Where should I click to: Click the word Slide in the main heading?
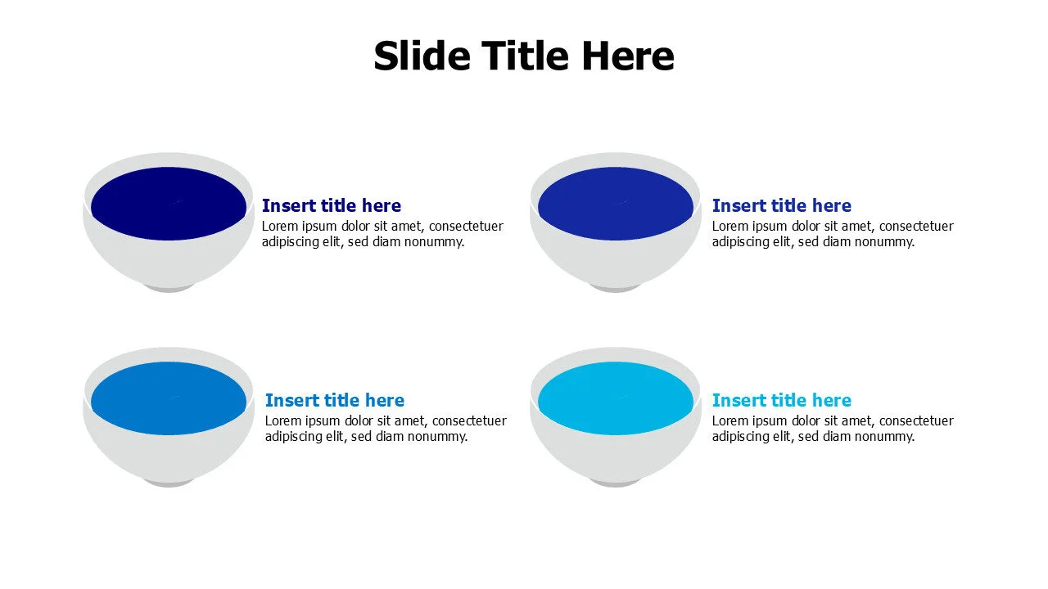tap(421, 56)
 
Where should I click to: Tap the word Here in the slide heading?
tap(627, 56)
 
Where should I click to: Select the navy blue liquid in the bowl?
tap(169, 204)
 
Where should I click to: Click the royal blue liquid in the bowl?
tap(616, 204)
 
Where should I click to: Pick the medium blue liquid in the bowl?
tap(169, 398)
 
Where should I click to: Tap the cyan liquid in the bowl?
tap(616, 398)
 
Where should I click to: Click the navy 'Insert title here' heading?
tap(331, 205)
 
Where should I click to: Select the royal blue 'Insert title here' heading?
tap(781, 205)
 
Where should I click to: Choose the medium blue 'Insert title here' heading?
tap(334, 400)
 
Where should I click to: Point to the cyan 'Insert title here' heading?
tap(781, 400)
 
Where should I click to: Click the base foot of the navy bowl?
tap(169, 288)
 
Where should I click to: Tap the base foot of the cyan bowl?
tap(616, 483)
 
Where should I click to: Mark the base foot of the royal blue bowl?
tap(616, 288)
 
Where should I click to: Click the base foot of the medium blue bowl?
tap(169, 483)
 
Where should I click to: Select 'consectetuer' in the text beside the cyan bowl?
tap(916, 421)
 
